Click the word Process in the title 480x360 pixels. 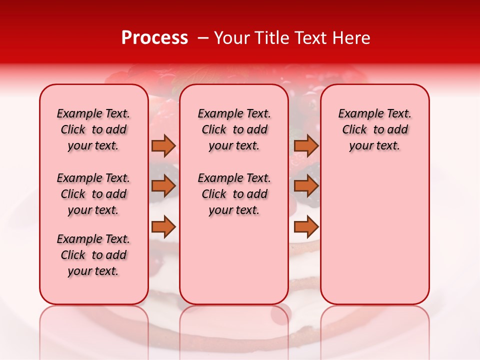(x=154, y=38)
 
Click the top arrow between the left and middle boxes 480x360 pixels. (x=163, y=145)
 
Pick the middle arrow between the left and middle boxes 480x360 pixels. (x=163, y=186)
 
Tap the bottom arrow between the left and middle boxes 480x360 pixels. (x=163, y=227)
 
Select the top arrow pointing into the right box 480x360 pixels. (x=306, y=145)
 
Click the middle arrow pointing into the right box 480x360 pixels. (x=306, y=186)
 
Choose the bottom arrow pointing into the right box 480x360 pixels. (x=306, y=227)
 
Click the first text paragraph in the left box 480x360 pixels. (x=93, y=129)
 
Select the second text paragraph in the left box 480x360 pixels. (x=93, y=194)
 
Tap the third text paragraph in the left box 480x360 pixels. (x=93, y=255)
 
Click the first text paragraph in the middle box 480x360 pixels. (x=234, y=129)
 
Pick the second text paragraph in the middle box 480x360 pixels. (x=234, y=194)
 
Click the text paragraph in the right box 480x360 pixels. (x=374, y=129)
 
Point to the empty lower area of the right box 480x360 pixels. (x=374, y=235)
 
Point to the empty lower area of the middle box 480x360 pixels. (x=234, y=260)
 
